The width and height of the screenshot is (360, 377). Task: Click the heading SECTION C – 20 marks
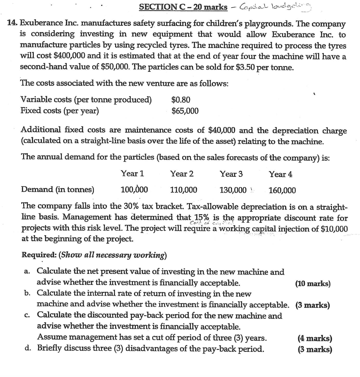[183, 7]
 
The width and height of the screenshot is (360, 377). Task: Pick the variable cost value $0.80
[181, 100]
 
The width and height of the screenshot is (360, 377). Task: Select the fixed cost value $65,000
[185, 111]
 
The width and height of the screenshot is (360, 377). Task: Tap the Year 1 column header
[132, 174]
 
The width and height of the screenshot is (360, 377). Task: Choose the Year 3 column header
[231, 174]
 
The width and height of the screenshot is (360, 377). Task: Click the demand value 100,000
[134, 190]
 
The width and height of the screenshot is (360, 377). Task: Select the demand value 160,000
[282, 191]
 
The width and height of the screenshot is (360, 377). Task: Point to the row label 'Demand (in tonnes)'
[58, 190]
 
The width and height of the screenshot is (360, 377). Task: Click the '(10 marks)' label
[313, 283]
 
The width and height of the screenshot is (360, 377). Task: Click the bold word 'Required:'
[39, 255]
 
